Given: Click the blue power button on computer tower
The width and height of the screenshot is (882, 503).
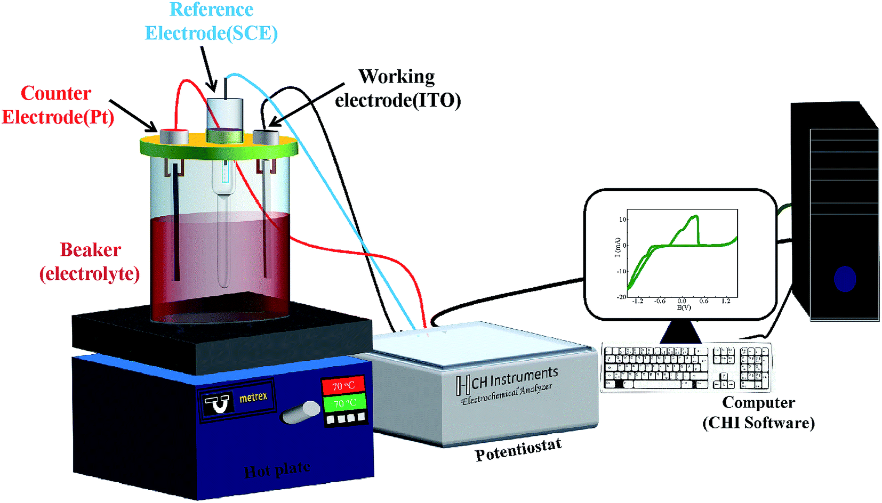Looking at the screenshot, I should [x=845, y=279].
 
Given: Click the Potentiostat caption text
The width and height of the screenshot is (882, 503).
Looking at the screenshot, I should [x=518, y=449].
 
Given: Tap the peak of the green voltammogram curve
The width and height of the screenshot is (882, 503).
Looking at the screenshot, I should [x=695, y=216].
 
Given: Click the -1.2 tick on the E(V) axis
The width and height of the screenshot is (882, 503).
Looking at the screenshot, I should [x=638, y=301].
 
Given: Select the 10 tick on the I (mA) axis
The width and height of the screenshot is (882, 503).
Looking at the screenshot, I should [x=622, y=220].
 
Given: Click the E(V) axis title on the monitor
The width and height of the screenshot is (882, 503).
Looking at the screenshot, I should [x=684, y=307].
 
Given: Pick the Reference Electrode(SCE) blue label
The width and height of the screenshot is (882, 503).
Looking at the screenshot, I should [x=211, y=21].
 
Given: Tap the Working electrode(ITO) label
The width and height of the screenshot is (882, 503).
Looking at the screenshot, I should [x=397, y=88].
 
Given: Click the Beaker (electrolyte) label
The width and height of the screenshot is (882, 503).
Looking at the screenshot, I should [x=90, y=262].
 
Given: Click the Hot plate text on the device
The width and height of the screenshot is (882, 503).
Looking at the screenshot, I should [x=277, y=469].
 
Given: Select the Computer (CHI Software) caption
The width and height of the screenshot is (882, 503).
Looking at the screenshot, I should [x=758, y=412].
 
